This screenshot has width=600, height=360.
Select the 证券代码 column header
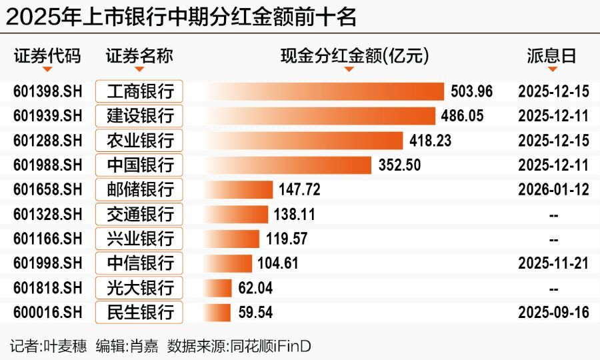47,56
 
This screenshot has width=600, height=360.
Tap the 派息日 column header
551,56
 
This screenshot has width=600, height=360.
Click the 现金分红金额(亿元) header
354,56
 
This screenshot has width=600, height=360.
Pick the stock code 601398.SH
47,91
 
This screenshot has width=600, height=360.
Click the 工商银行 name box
139,91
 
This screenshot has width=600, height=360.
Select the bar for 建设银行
320,116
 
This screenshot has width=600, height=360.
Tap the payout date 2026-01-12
553,189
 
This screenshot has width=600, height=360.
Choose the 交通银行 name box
139,214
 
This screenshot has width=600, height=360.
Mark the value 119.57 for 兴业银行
286,238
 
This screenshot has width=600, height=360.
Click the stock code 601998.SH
47,263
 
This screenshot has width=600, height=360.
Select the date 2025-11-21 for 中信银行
553,263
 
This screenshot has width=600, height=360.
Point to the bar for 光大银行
219,287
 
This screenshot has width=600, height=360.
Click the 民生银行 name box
139,311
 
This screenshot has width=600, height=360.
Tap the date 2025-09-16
553,311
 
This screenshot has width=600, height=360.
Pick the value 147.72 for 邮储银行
299,189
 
